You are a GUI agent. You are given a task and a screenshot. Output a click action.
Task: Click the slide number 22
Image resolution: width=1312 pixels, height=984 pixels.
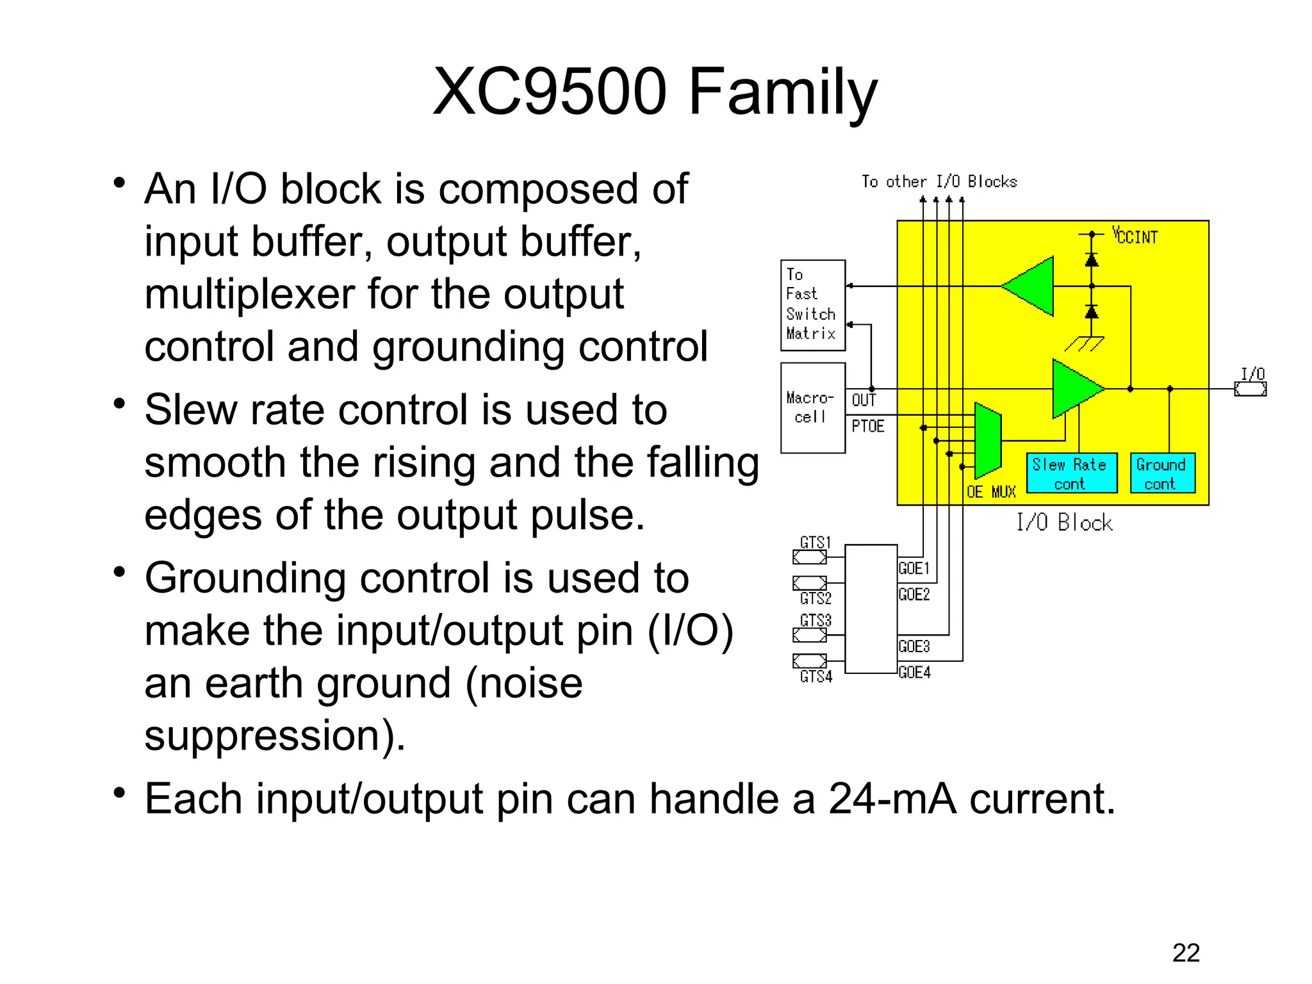[x=1186, y=953]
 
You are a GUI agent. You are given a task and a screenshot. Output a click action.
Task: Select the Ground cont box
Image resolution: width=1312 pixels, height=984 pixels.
[x=1161, y=473]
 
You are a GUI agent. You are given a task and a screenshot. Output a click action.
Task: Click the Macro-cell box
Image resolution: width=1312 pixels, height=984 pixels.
[x=812, y=407]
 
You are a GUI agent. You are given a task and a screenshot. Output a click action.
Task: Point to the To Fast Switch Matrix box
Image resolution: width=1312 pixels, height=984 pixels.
[x=812, y=305]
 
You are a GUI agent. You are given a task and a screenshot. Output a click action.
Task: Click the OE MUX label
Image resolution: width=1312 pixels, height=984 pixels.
[x=991, y=492]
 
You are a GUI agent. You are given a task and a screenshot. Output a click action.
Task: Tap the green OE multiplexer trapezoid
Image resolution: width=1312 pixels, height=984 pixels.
[x=988, y=441]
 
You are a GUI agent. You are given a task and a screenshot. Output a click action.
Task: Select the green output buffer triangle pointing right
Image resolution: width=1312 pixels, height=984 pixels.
[x=1075, y=388]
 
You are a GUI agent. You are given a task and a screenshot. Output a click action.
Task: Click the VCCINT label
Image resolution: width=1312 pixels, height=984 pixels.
[x=1135, y=236]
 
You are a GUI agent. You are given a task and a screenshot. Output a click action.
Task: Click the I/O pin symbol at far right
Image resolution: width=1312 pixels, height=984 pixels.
[x=1250, y=389]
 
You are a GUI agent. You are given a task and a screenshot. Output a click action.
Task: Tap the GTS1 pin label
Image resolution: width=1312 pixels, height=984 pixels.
[x=815, y=543]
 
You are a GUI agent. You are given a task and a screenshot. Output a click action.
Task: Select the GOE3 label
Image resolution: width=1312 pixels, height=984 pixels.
[x=914, y=646]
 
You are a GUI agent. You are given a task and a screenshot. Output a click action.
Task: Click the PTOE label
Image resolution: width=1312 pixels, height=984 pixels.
[x=867, y=427]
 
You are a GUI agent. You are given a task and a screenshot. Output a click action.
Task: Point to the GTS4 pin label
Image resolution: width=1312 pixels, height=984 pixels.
[x=816, y=676]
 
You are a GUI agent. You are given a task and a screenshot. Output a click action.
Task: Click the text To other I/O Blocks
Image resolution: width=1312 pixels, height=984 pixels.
[x=939, y=182]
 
